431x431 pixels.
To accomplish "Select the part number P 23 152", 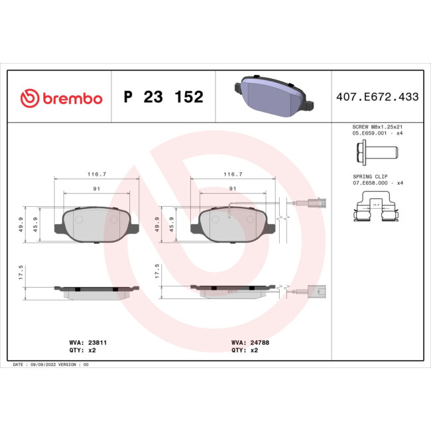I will pyautogui.click(x=163, y=97).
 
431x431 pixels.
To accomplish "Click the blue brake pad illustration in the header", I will pyautogui.click(x=273, y=94).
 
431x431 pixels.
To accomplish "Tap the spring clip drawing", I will pyautogui.click(x=375, y=210).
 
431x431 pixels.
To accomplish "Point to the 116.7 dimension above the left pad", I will pyautogui.click(x=97, y=174).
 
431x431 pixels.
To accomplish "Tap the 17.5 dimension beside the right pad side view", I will pyautogui.click(x=157, y=273).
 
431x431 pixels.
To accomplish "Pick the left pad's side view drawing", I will pyautogui.click(x=97, y=291).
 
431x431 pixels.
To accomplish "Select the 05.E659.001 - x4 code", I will pyautogui.click(x=376, y=133).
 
